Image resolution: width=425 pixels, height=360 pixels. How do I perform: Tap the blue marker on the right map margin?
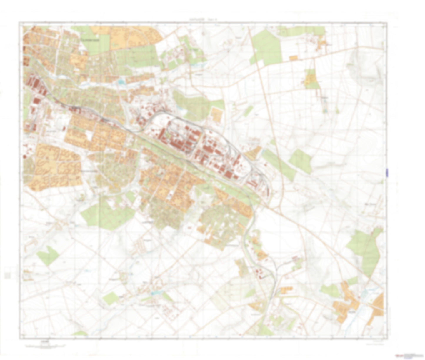pos(387,173)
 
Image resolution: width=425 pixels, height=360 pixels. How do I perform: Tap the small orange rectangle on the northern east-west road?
pos(293,58)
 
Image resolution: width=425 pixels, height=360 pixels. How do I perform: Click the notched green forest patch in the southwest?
pos(47,254)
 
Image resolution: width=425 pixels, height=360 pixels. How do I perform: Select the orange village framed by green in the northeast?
pos(311,79)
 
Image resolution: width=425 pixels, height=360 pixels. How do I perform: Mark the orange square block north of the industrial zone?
pos(217,114)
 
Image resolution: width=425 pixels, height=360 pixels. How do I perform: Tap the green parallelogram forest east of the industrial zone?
pos(300,161)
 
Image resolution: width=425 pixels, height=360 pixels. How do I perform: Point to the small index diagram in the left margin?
pos(7,276)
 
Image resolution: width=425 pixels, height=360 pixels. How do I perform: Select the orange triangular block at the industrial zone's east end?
pos(253,153)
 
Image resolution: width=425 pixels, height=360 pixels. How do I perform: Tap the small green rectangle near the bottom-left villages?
pos(111,298)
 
